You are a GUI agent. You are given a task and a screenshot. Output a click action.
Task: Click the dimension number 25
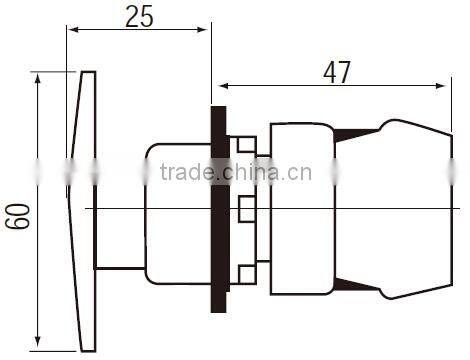pos(139,16)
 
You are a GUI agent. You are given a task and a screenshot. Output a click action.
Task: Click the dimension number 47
pos(337,72)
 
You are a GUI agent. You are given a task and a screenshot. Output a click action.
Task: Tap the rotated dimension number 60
pos(17,216)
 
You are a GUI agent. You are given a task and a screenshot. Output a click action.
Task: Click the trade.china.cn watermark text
pos(236,172)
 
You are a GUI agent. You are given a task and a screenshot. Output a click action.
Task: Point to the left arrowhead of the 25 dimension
pos(73,30)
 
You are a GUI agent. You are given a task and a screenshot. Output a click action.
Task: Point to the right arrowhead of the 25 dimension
pos(202,30)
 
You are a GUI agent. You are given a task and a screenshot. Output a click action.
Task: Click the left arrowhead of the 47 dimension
pos(224,86)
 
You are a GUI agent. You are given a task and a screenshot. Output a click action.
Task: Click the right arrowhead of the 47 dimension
pos(441,86)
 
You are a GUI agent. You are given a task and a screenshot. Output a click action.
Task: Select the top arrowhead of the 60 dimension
pos(38,79)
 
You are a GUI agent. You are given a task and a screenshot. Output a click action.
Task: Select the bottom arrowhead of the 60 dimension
pos(38,341)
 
